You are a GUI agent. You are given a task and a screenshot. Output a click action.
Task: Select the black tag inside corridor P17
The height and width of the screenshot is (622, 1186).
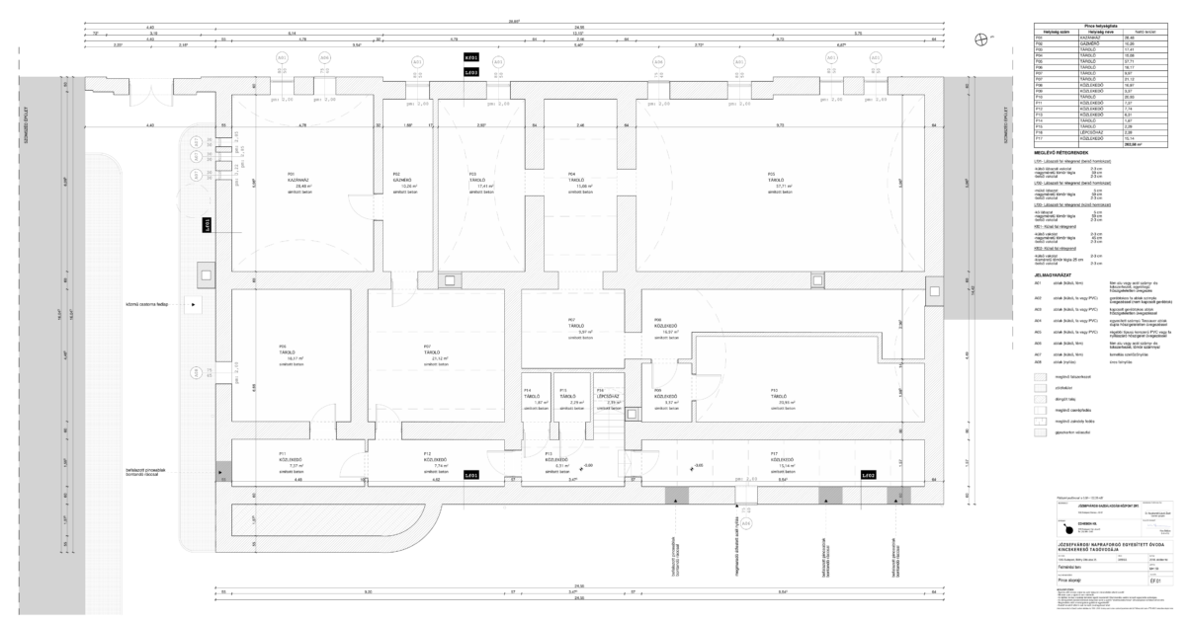click(x=867, y=476)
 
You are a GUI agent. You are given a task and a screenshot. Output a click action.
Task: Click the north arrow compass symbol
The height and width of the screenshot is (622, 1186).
click(x=980, y=39)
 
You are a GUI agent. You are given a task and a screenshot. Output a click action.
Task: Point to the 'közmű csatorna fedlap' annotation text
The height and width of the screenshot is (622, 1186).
click(x=147, y=305)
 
